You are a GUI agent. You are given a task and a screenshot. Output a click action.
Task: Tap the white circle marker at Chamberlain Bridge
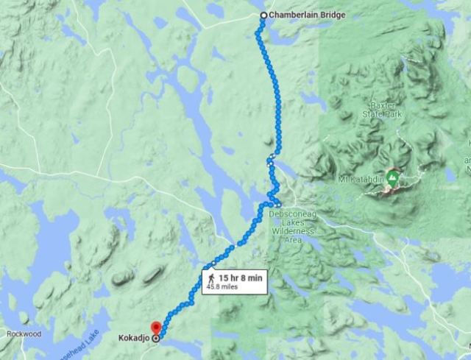click(264, 15)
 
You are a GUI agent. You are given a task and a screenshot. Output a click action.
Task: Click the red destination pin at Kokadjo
click(155, 328)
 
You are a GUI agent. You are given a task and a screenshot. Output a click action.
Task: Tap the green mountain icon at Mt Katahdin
click(392, 178)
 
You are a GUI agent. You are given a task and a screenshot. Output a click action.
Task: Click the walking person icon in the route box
click(211, 278)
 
